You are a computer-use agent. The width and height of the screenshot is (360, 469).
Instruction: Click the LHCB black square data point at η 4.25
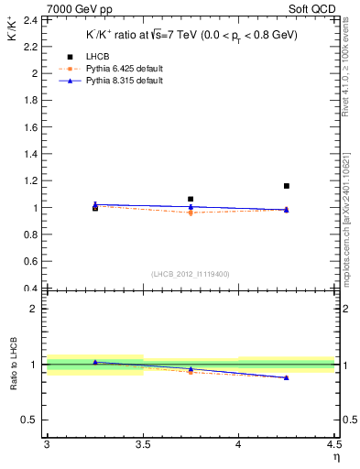[x=287, y=186]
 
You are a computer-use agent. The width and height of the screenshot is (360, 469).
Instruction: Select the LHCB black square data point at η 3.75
[x=191, y=199]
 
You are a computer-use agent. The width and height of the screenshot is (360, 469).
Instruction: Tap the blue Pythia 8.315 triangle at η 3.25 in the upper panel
[x=95, y=204]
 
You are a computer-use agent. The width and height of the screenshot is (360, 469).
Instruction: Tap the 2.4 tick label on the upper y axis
[x=29, y=19]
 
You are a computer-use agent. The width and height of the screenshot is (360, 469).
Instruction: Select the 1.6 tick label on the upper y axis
[x=29, y=126]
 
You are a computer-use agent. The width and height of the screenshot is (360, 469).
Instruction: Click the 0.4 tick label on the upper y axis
[x=29, y=289]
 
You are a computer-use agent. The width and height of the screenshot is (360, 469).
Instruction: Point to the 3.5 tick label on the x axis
[x=143, y=445]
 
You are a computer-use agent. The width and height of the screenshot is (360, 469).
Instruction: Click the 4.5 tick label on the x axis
[x=333, y=445]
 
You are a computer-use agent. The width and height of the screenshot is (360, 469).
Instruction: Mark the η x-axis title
[x=335, y=457]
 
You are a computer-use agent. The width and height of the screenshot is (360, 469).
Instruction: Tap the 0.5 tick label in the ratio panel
[x=29, y=420]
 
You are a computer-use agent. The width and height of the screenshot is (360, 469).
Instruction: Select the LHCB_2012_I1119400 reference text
[x=191, y=274]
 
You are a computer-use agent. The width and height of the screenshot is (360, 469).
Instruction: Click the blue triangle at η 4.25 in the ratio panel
[x=287, y=377]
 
